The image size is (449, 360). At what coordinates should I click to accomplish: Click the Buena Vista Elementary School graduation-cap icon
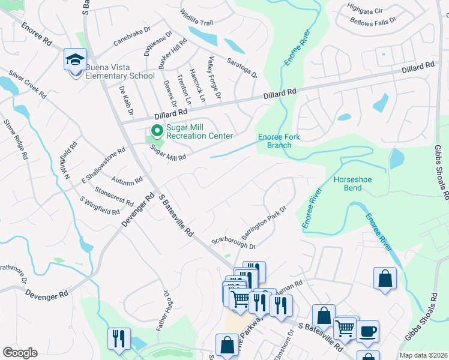(x=76, y=59)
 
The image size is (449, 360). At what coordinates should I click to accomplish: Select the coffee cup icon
(x=367, y=331)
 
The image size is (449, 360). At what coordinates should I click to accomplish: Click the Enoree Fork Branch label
(x=279, y=141)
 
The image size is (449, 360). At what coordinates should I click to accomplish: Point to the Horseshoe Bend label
(x=344, y=184)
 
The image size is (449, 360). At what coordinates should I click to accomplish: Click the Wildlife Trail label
(x=196, y=17)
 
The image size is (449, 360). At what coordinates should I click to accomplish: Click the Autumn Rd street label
(x=127, y=179)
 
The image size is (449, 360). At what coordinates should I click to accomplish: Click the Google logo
(x=20, y=353)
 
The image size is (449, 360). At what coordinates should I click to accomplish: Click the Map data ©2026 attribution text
(x=423, y=355)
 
